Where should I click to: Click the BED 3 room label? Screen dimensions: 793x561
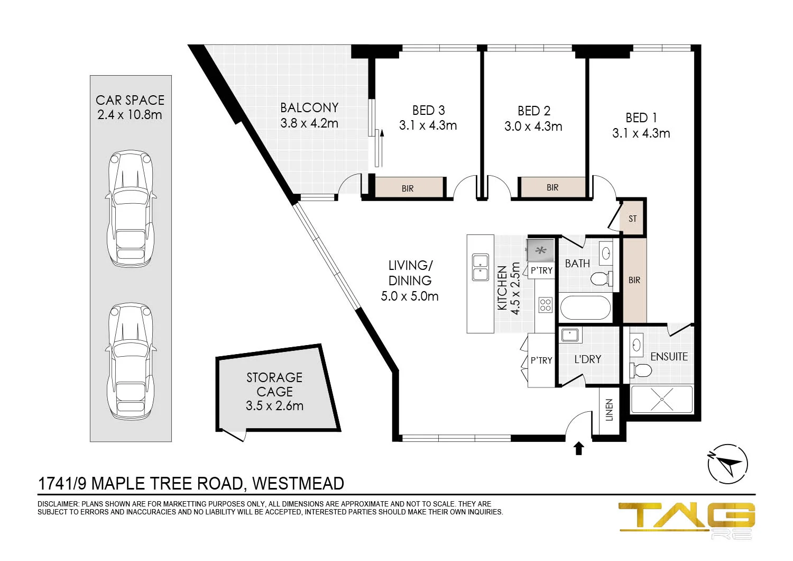point(428,111)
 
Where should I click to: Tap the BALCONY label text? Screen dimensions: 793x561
point(309,108)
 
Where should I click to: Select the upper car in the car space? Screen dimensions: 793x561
point(131,209)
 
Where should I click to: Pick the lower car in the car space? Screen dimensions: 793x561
point(131,361)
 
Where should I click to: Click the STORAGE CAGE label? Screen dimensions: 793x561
point(274,385)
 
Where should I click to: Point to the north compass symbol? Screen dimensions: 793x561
point(727,464)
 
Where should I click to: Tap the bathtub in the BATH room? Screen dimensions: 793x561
point(586,308)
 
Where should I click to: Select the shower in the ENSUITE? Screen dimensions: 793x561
point(662,400)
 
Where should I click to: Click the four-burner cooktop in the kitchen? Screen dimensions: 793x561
point(545,305)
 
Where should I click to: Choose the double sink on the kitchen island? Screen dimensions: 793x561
point(481,267)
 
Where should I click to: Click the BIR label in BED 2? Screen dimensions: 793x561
point(552,187)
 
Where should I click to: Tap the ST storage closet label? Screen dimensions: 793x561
point(632,219)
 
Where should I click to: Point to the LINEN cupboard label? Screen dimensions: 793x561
point(609,410)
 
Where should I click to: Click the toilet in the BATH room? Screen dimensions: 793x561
point(602,278)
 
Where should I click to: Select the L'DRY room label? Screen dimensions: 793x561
point(588,359)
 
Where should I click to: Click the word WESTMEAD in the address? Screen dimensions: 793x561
point(298,483)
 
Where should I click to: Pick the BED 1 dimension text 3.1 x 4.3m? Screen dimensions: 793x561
point(641,133)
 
